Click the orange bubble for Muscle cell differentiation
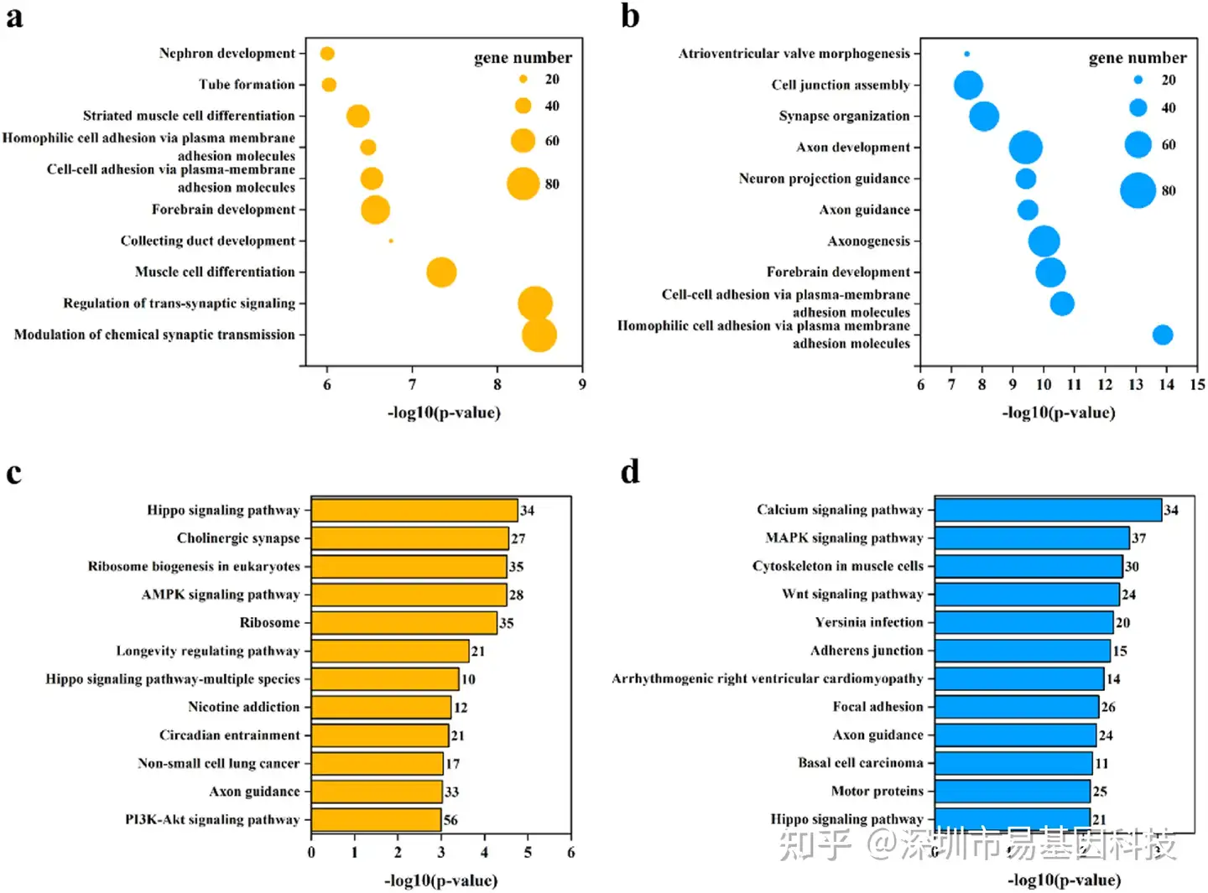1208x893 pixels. coord(441,273)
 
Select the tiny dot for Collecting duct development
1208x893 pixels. coord(391,241)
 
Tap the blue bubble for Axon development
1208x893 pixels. coord(1025,148)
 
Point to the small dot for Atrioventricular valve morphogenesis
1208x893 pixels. coord(966,54)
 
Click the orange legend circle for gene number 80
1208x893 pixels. coord(523,184)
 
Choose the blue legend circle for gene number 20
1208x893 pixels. coord(1138,80)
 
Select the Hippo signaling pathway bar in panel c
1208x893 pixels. coord(414,510)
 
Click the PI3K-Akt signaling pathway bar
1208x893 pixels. coord(376,819)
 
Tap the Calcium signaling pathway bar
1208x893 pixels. coord(1048,510)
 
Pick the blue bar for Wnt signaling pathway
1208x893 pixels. coord(1027,594)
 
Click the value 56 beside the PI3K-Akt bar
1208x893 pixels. coord(450,820)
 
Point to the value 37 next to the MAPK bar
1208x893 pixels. coord(1138,538)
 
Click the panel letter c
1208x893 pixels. coord(13,473)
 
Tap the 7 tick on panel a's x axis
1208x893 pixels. coord(412,385)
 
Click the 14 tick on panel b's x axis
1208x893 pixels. coord(1166,385)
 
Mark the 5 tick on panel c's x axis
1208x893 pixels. coord(528,853)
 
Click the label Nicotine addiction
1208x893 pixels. coord(243,707)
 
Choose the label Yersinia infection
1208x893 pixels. coord(868,622)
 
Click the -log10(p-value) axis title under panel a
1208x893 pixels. coord(444,413)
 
